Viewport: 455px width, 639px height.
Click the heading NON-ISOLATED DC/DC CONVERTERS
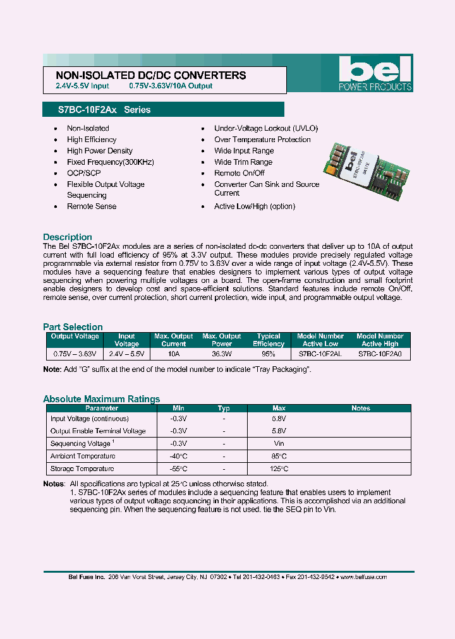coord(147,75)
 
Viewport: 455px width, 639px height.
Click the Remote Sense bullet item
coord(92,206)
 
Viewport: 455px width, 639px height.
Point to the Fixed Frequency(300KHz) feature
coord(111,162)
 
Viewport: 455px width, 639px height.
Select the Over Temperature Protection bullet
coord(262,140)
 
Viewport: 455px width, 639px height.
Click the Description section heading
coord(68,237)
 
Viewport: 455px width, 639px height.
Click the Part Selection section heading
coord(73,326)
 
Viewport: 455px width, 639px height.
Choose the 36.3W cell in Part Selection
coord(221,355)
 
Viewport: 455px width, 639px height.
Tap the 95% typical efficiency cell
coord(269,355)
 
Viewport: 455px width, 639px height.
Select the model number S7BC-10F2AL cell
coord(320,355)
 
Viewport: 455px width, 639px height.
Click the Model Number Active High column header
coord(380,340)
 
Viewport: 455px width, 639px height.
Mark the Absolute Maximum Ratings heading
coord(101,399)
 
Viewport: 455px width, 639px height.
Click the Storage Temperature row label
coord(82,469)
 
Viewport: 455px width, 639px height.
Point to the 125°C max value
coord(279,469)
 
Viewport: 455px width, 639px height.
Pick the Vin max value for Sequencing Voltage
coord(279,443)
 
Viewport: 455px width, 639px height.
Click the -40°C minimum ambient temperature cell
coord(179,456)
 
